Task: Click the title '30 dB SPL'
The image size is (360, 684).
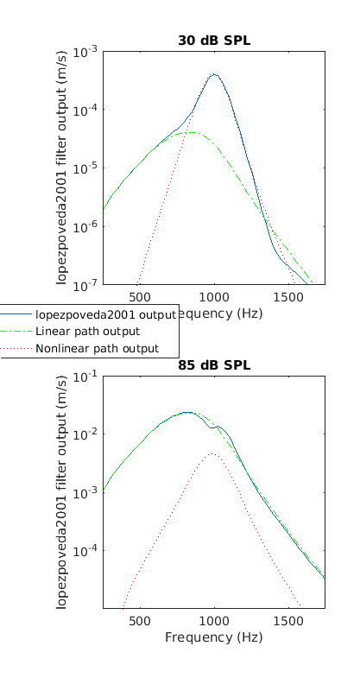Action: click(214, 40)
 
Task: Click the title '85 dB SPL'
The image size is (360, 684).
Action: click(214, 364)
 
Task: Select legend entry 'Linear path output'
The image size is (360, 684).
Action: click(87, 332)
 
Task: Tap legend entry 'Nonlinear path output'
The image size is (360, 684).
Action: click(97, 349)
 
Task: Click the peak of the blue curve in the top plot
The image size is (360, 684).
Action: click(214, 74)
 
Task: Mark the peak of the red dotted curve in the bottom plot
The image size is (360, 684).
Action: click(213, 453)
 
